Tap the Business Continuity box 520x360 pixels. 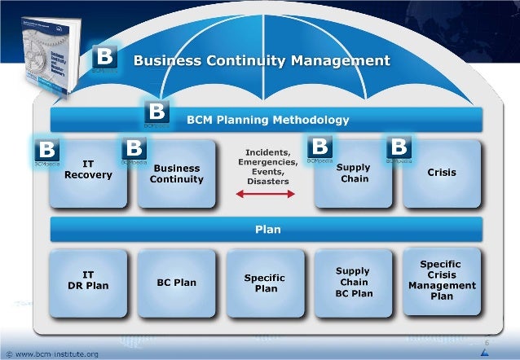177,173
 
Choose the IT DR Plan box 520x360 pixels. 88,281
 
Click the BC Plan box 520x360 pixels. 177,282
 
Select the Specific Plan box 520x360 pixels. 264,283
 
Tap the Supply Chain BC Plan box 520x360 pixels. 353,282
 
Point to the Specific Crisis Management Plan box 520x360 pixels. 441,280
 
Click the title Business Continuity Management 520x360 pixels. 262,60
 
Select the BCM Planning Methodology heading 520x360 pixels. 268,120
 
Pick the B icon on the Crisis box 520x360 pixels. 399,148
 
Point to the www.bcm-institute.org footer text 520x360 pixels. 57,353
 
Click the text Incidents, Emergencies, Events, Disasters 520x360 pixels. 262,166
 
